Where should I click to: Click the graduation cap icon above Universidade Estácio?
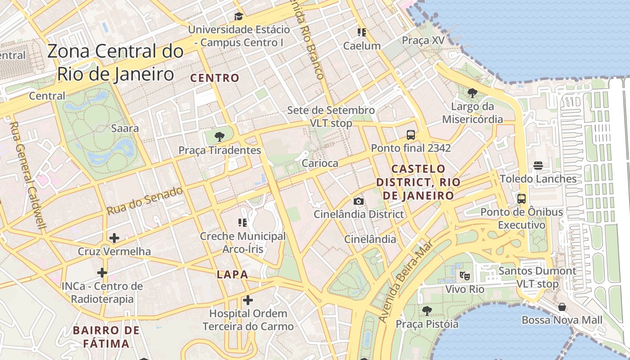[x=238, y=17]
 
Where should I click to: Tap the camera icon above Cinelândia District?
[x=359, y=201]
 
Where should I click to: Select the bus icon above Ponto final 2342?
[x=410, y=135]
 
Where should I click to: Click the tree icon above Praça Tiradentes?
[x=220, y=137]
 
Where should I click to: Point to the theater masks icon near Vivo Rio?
[x=465, y=275]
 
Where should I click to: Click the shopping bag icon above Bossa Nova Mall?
[x=562, y=307]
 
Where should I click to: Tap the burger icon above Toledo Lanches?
[x=538, y=165]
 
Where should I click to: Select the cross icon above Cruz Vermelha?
[x=114, y=238]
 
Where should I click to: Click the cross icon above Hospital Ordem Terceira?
[x=248, y=300]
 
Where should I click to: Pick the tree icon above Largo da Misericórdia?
[x=472, y=93]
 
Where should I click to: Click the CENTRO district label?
[x=215, y=78]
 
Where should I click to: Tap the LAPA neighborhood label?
[x=232, y=274]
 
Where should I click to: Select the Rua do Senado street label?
[x=145, y=201]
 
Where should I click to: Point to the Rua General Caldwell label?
[x=28, y=175]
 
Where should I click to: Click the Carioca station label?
[x=320, y=163]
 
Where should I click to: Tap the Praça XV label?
[x=423, y=40]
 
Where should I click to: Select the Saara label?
[x=125, y=128]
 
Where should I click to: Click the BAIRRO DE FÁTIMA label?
[x=106, y=337]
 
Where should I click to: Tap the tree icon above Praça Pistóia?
[x=427, y=310]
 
